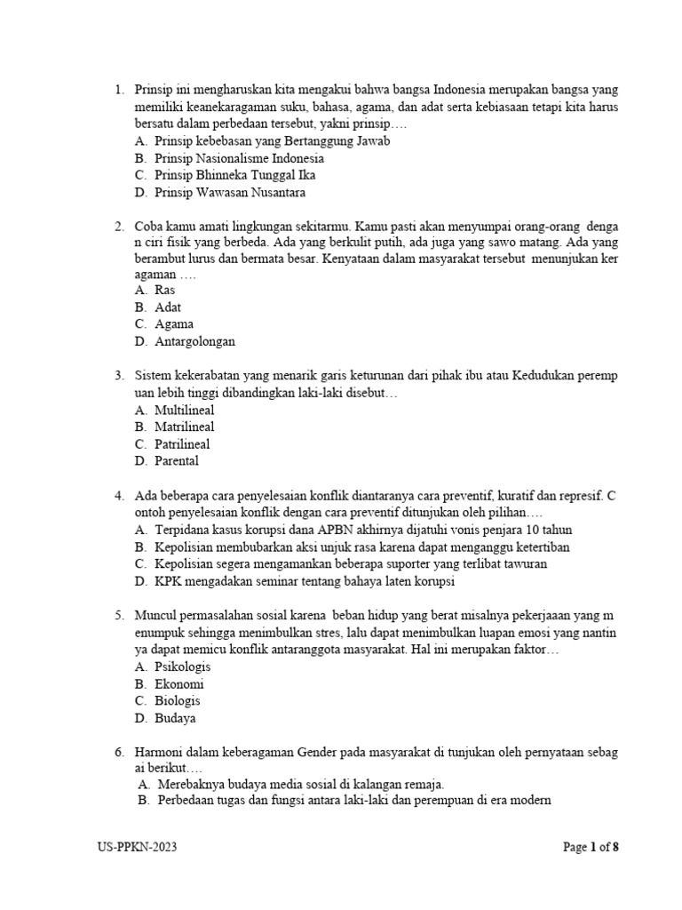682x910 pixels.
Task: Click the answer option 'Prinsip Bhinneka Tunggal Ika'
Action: pyautogui.click(x=234, y=175)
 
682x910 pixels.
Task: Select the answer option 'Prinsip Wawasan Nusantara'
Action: pyautogui.click(x=230, y=192)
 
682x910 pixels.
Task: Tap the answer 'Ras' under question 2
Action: pyautogui.click(x=164, y=290)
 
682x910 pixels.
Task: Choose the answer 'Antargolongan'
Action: pyautogui.click(x=194, y=341)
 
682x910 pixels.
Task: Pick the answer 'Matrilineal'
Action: pyautogui.click(x=184, y=427)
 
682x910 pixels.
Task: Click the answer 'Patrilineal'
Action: pyautogui.click(x=182, y=443)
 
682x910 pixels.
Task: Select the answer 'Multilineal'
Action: pyautogui.click(x=184, y=410)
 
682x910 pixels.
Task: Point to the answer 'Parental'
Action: pyautogui.click(x=176, y=460)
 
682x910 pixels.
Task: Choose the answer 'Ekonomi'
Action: pyautogui.click(x=178, y=683)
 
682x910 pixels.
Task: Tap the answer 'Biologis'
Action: pyautogui.click(x=178, y=700)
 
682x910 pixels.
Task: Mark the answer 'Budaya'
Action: pyautogui.click(x=175, y=718)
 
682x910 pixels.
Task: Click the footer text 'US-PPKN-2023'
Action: pyautogui.click(x=138, y=847)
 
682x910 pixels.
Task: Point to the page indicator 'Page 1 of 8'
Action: pyautogui.click(x=591, y=847)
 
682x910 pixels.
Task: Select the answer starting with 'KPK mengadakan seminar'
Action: pyautogui.click(x=304, y=581)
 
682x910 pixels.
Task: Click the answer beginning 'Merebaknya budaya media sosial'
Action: pyautogui.click(x=300, y=785)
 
